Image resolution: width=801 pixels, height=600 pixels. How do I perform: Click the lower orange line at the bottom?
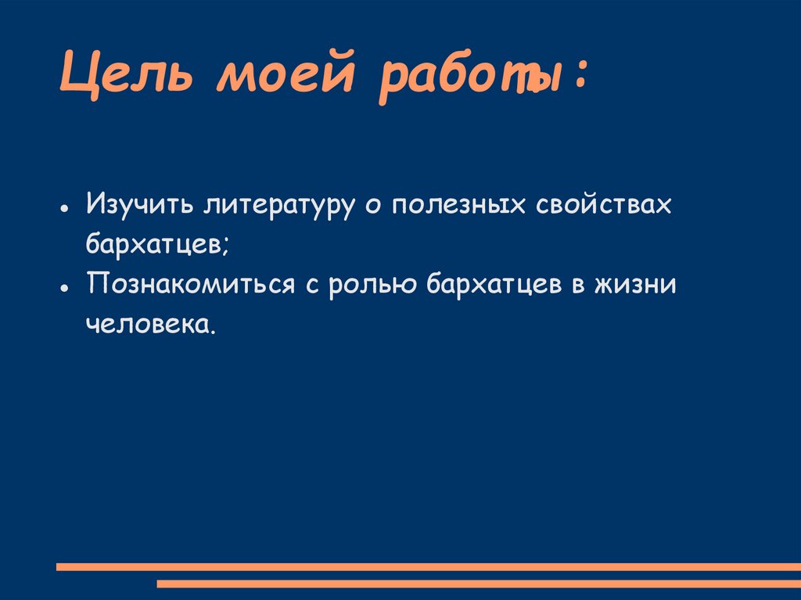[x=478, y=583]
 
